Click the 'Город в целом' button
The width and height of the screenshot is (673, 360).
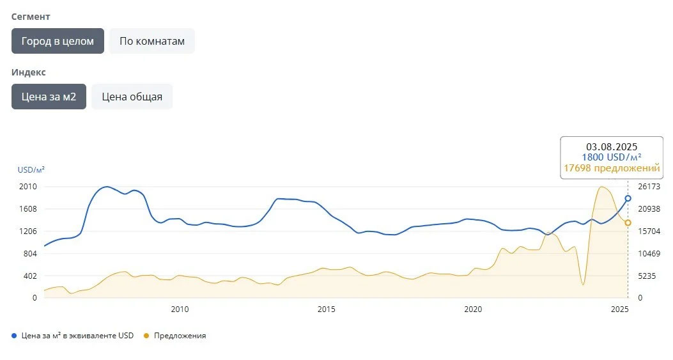click(x=58, y=41)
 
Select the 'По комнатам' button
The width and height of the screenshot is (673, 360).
click(x=152, y=41)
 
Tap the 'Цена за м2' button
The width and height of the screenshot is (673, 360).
click(x=49, y=97)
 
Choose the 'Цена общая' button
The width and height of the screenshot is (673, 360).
click(x=132, y=97)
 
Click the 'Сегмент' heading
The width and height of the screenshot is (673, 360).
click(x=31, y=17)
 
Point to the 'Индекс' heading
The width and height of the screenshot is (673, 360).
click(x=29, y=72)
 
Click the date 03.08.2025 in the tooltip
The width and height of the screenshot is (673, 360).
click(x=612, y=146)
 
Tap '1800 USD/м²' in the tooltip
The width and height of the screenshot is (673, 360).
click(x=612, y=157)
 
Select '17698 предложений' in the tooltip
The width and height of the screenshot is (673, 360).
click(x=612, y=168)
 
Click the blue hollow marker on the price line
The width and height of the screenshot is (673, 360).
click(x=628, y=198)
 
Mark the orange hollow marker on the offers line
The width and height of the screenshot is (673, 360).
click(x=628, y=223)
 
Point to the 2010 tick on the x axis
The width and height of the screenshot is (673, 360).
click(x=180, y=310)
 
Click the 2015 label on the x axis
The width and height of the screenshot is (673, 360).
click(x=327, y=310)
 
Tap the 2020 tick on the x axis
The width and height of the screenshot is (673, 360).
click(x=473, y=310)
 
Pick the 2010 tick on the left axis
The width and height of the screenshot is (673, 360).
click(x=28, y=187)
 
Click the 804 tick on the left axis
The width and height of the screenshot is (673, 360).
click(x=30, y=254)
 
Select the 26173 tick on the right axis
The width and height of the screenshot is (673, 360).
click(x=649, y=187)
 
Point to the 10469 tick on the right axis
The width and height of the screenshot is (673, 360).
click(x=649, y=254)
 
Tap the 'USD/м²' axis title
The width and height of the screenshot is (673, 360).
click(x=31, y=170)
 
